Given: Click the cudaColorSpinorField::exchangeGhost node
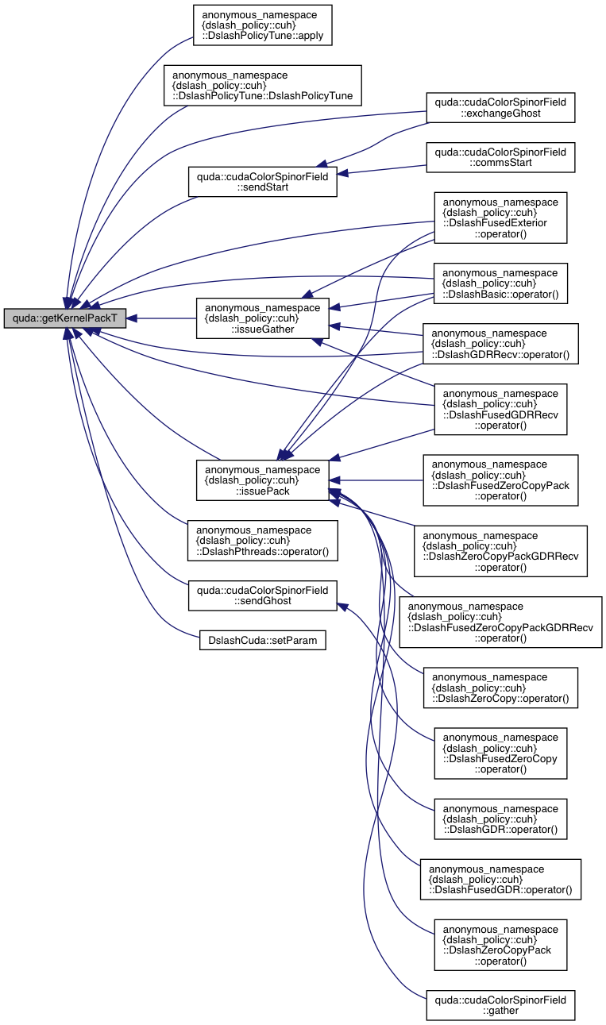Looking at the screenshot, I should point(500,107).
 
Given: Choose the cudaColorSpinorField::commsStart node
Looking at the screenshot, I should point(500,156).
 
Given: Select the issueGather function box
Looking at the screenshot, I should point(262,318).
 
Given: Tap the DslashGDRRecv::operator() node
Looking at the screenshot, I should point(500,343).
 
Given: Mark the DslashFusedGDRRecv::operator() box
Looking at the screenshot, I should point(500,409).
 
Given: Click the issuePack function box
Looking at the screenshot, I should point(262,480).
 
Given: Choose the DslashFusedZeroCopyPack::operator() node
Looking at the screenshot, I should point(500,480).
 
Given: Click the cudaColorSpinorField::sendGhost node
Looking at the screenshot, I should point(262,595).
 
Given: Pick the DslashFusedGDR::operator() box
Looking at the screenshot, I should point(500,879).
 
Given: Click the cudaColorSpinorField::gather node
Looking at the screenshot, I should point(500,1004).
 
